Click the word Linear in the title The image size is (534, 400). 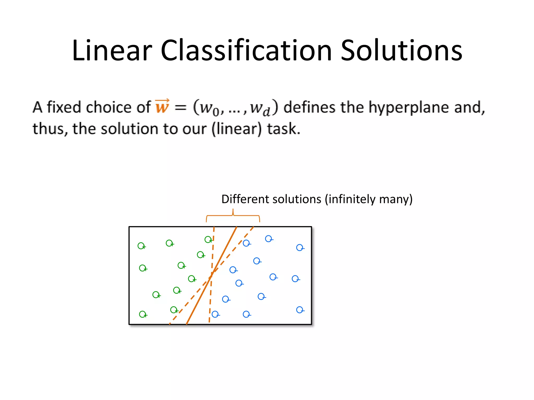pyautogui.click(x=112, y=51)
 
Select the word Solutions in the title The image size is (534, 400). pyautogui.click(x=402, y=51)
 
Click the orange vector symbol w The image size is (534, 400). pyautogui.click(x=162, y=107)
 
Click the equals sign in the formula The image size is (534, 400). pyautogui.click(x=180, y=107)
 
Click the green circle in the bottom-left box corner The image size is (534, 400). pyautogui.click(x=142, y=314)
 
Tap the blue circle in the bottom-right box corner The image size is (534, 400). pyautogui.click(x=300, y=310)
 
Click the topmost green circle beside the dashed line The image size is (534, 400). pyautogui.click(x=208, y=239)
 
